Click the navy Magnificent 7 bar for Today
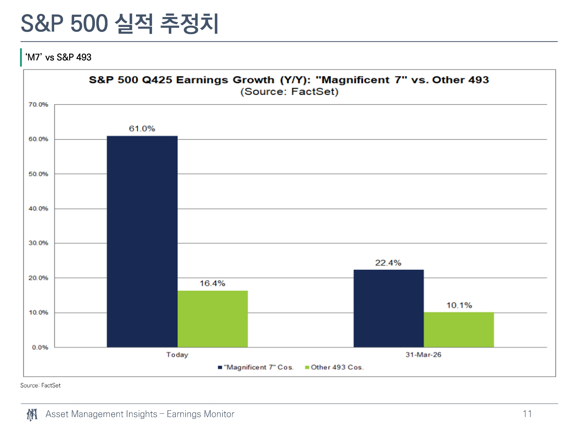(x=142, y=241)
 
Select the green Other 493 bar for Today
(x=213, y=319)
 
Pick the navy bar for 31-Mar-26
(x=389, y=308)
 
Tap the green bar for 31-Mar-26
(x=459, y=330)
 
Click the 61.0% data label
(x=142, y=129)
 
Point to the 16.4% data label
(x=213, y=283)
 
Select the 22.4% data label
(x=388, y=263)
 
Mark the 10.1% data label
(x=459, y=305)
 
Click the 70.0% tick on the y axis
(x=38, y=105)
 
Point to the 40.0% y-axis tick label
(x=38, y=209)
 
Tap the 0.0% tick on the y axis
(x=40, y=347)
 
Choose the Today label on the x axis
(x=177, y=355)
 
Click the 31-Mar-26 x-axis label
(x=423, y=355)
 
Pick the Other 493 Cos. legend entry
(x=334, y=367)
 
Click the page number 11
(x=527, y=414)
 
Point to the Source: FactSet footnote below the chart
(x=40, y=385)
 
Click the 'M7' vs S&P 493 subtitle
(x=58, y=57)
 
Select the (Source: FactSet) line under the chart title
(x=289, y=92)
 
